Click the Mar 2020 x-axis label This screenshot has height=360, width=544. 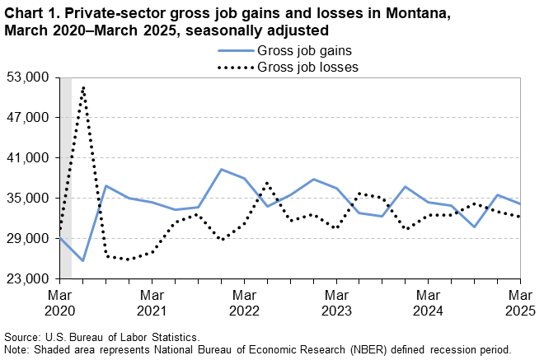point(60,302)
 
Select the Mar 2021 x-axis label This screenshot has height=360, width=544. point(152,302)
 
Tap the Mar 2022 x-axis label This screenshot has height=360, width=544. point(244,302)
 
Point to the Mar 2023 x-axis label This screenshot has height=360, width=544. point(335,302)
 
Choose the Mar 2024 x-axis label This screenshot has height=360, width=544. point(428,302)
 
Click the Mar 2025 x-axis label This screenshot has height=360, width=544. point(519,302)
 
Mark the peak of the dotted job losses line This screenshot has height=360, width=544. point(83,87)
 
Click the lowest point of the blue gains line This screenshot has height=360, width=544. point(83,260)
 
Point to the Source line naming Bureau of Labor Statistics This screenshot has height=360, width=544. point(101,338)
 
